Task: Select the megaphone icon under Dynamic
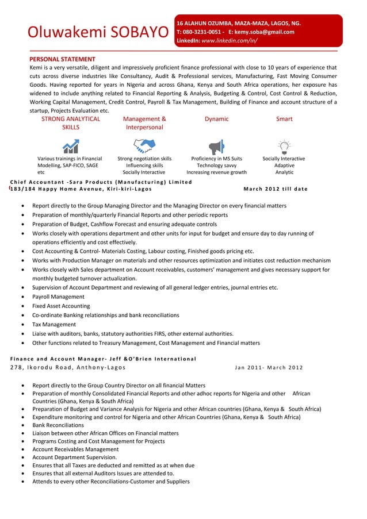point(216,146)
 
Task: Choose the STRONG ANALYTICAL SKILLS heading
point(71,123)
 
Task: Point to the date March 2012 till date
point(275,189)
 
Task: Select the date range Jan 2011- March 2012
point(269,368)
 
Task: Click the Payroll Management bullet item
point(58,297)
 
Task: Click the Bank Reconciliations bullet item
point(57,425)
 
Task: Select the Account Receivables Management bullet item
point(75,449)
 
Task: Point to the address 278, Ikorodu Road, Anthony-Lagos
point(63,368)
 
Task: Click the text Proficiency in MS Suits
point(216,159)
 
